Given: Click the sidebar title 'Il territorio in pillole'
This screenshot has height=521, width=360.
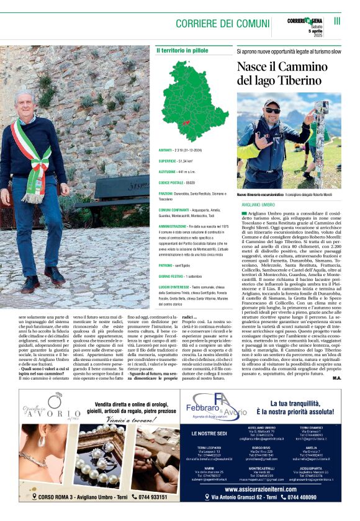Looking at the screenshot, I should pos(182,50).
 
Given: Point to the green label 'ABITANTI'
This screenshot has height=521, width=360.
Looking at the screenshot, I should pos(166,150).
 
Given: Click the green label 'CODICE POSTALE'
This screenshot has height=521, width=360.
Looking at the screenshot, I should pos(172,183).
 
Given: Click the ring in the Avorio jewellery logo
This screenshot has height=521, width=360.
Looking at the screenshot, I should pos(54,414).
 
